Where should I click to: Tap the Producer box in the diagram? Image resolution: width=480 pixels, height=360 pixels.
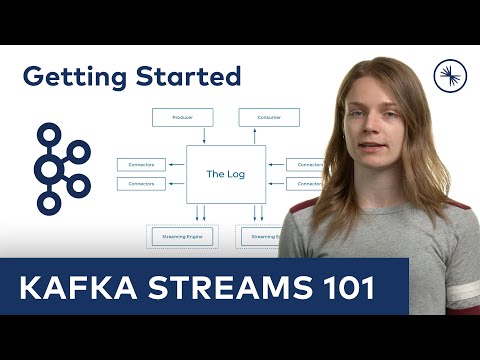click(x=182, y=117)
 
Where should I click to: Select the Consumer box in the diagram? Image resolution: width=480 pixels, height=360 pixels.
click(x=269, y=117)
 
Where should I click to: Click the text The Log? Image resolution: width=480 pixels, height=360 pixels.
click(x=225, y=174)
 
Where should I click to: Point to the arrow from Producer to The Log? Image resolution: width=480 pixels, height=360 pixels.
click(x=204, y=136)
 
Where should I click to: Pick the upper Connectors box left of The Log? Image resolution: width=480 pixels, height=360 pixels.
click(x=142, y=164)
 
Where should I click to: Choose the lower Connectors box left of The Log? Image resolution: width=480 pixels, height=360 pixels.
click(x=142, y=184)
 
